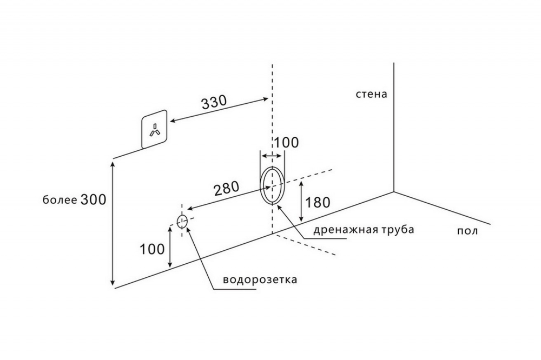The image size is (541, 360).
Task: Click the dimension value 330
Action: [213, 103]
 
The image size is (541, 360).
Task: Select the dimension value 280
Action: [227, 189]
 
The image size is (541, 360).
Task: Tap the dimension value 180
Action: [318, 203]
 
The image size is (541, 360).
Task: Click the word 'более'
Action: [60, 200]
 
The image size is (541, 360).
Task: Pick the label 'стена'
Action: [371, 94]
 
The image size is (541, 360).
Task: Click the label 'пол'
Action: [467, 231]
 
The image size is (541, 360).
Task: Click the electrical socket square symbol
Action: [154, 131]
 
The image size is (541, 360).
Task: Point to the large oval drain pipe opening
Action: [272, 185]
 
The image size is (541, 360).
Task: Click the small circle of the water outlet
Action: [182, 220]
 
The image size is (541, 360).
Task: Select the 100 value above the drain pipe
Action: [286, 143]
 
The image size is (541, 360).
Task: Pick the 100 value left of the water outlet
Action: [152, 249]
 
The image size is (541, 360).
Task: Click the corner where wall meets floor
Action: [394, 191]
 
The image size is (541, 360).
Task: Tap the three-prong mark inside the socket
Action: [154, 130]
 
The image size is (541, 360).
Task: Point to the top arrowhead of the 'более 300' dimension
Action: [113, 162]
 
